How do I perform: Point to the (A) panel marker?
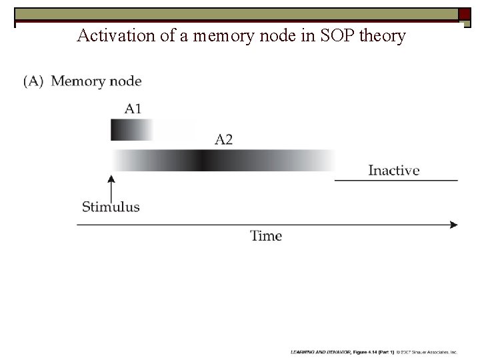pyautogui.click(x=34, y=81)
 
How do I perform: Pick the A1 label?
pyautogui.click(x=133, y=108)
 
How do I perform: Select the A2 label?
pyautogui.click(x=224, y=139)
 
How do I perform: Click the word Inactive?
pyautogui.click(x=394, y=170)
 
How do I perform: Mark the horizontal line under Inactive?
pyautogui.click(x=396, y=180)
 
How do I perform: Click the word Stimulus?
pyautogui.click(x=111, y=207)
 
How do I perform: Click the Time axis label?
pyautogui.click(x=266, y=235)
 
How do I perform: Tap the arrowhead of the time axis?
pyautogui.click(x=454, y=225)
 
